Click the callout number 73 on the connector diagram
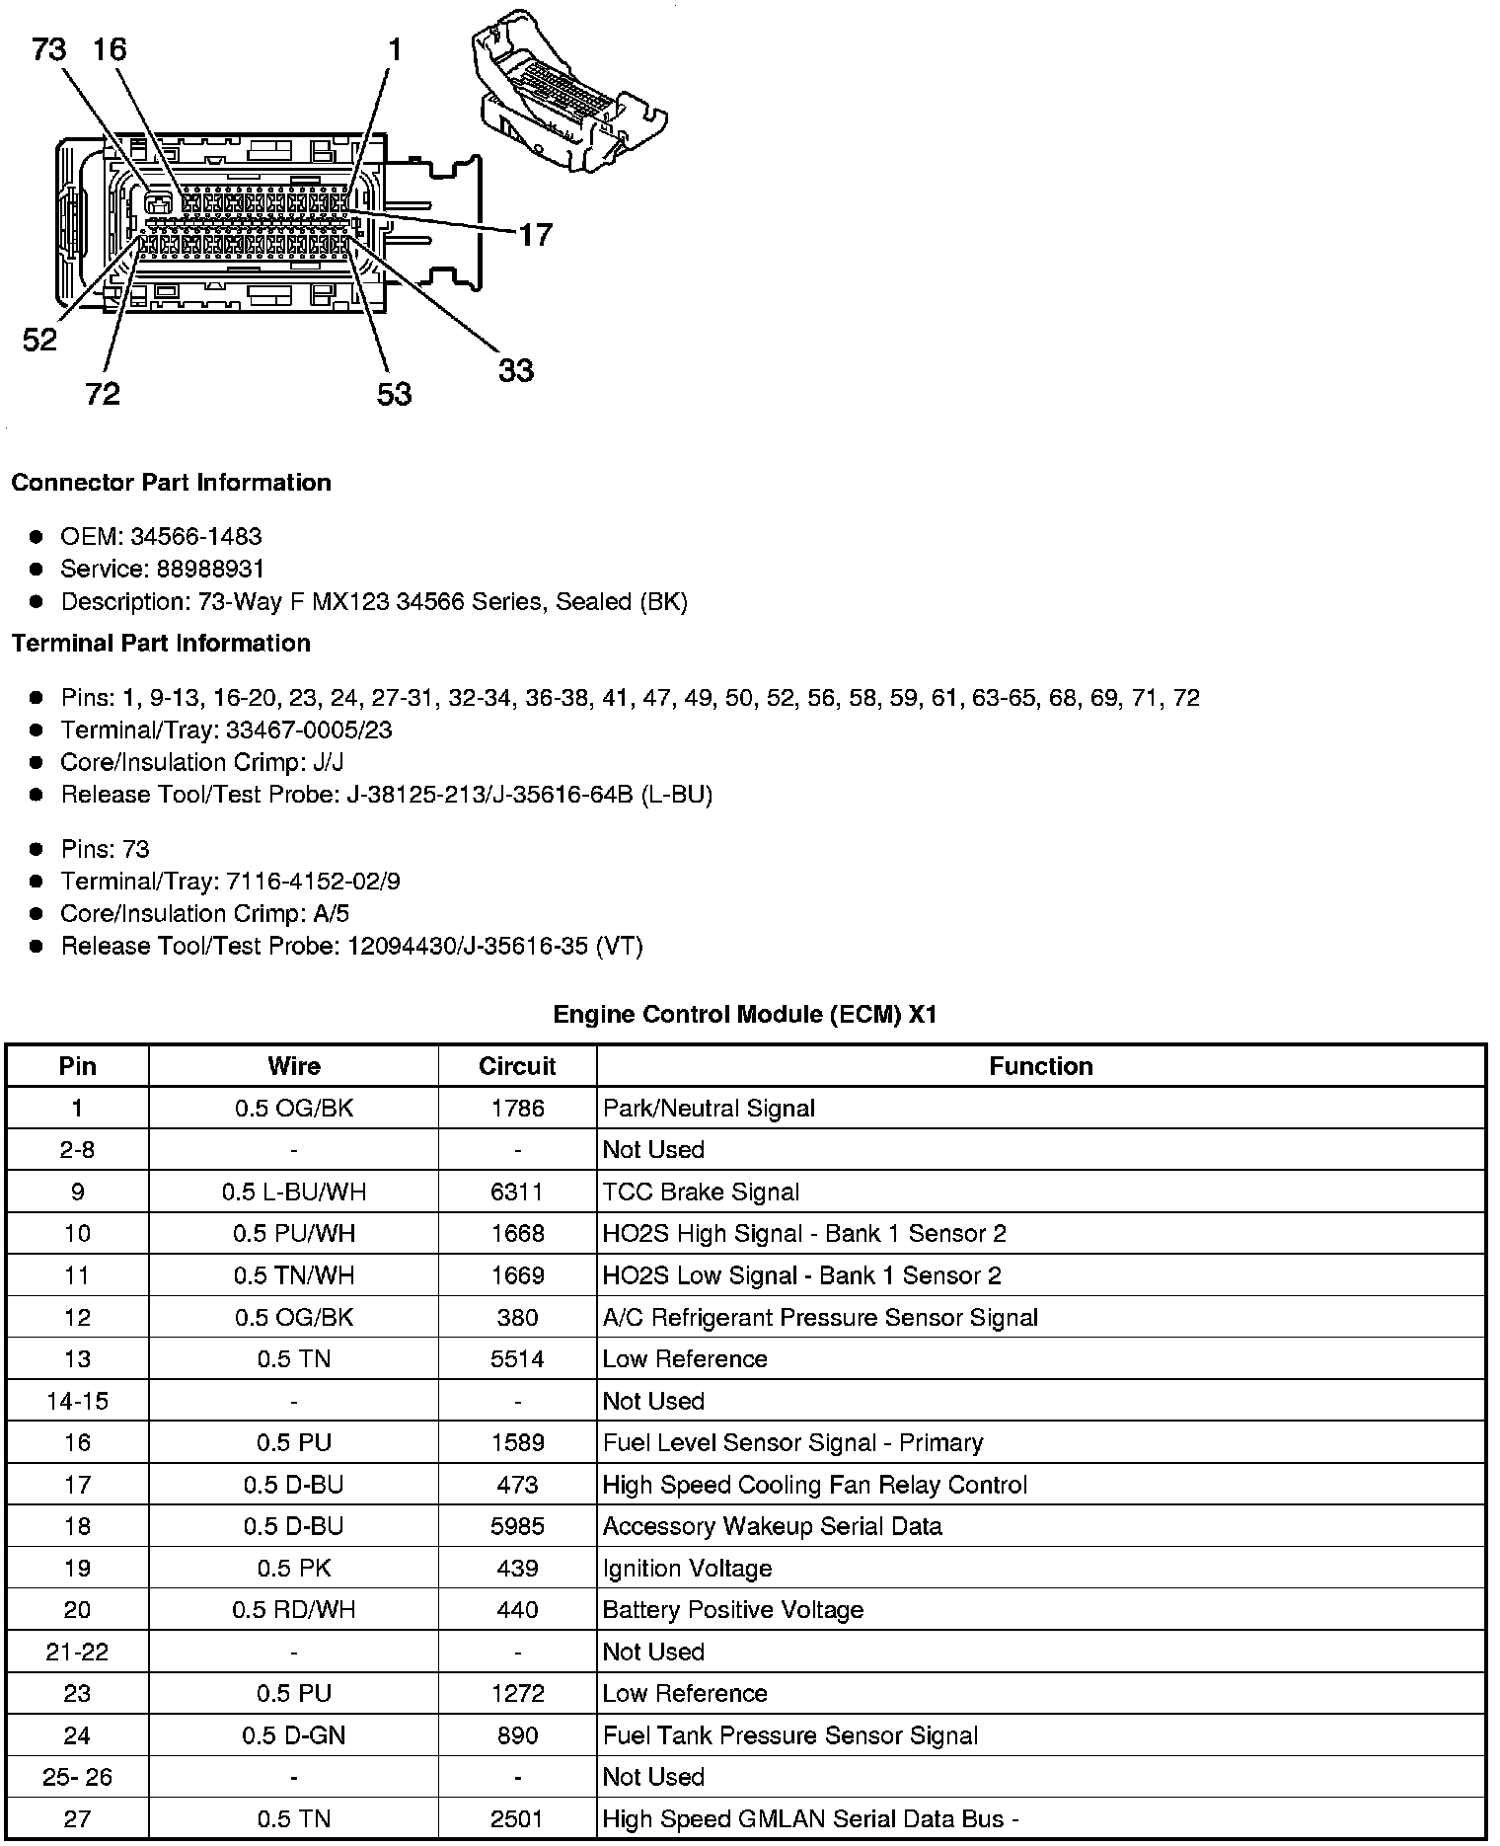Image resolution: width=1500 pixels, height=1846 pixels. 49,48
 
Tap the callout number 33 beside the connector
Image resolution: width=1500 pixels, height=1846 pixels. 515,370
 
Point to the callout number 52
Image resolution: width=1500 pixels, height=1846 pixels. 39,341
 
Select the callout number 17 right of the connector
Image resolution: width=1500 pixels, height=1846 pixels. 535,235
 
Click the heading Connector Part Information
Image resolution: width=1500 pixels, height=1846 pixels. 171,483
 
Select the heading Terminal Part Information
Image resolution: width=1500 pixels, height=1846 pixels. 161,644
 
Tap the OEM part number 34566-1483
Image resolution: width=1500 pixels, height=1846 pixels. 196,537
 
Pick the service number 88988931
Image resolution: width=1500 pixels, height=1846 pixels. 211,569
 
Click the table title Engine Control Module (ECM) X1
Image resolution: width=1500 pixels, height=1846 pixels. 744,1014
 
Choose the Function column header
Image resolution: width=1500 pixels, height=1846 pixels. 1041,1066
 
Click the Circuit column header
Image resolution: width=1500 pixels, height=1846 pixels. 517,1066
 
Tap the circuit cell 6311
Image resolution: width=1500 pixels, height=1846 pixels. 517,1192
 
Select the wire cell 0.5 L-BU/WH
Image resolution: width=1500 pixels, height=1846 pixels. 294,1192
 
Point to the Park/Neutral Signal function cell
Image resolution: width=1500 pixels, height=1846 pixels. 709,1109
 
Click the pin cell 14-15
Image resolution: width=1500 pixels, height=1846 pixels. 77,1401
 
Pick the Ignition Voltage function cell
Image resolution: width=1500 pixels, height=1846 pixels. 687,1569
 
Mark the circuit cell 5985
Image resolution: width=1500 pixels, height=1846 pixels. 517,1526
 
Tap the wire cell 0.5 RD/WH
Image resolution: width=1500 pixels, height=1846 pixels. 294,1610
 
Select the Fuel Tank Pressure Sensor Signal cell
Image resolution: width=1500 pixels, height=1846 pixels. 790,1735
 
